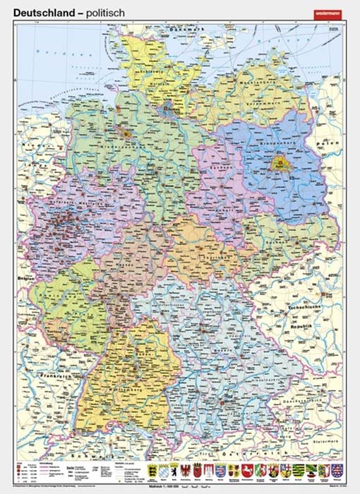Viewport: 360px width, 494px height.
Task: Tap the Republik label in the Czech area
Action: [x=305, y=327]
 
